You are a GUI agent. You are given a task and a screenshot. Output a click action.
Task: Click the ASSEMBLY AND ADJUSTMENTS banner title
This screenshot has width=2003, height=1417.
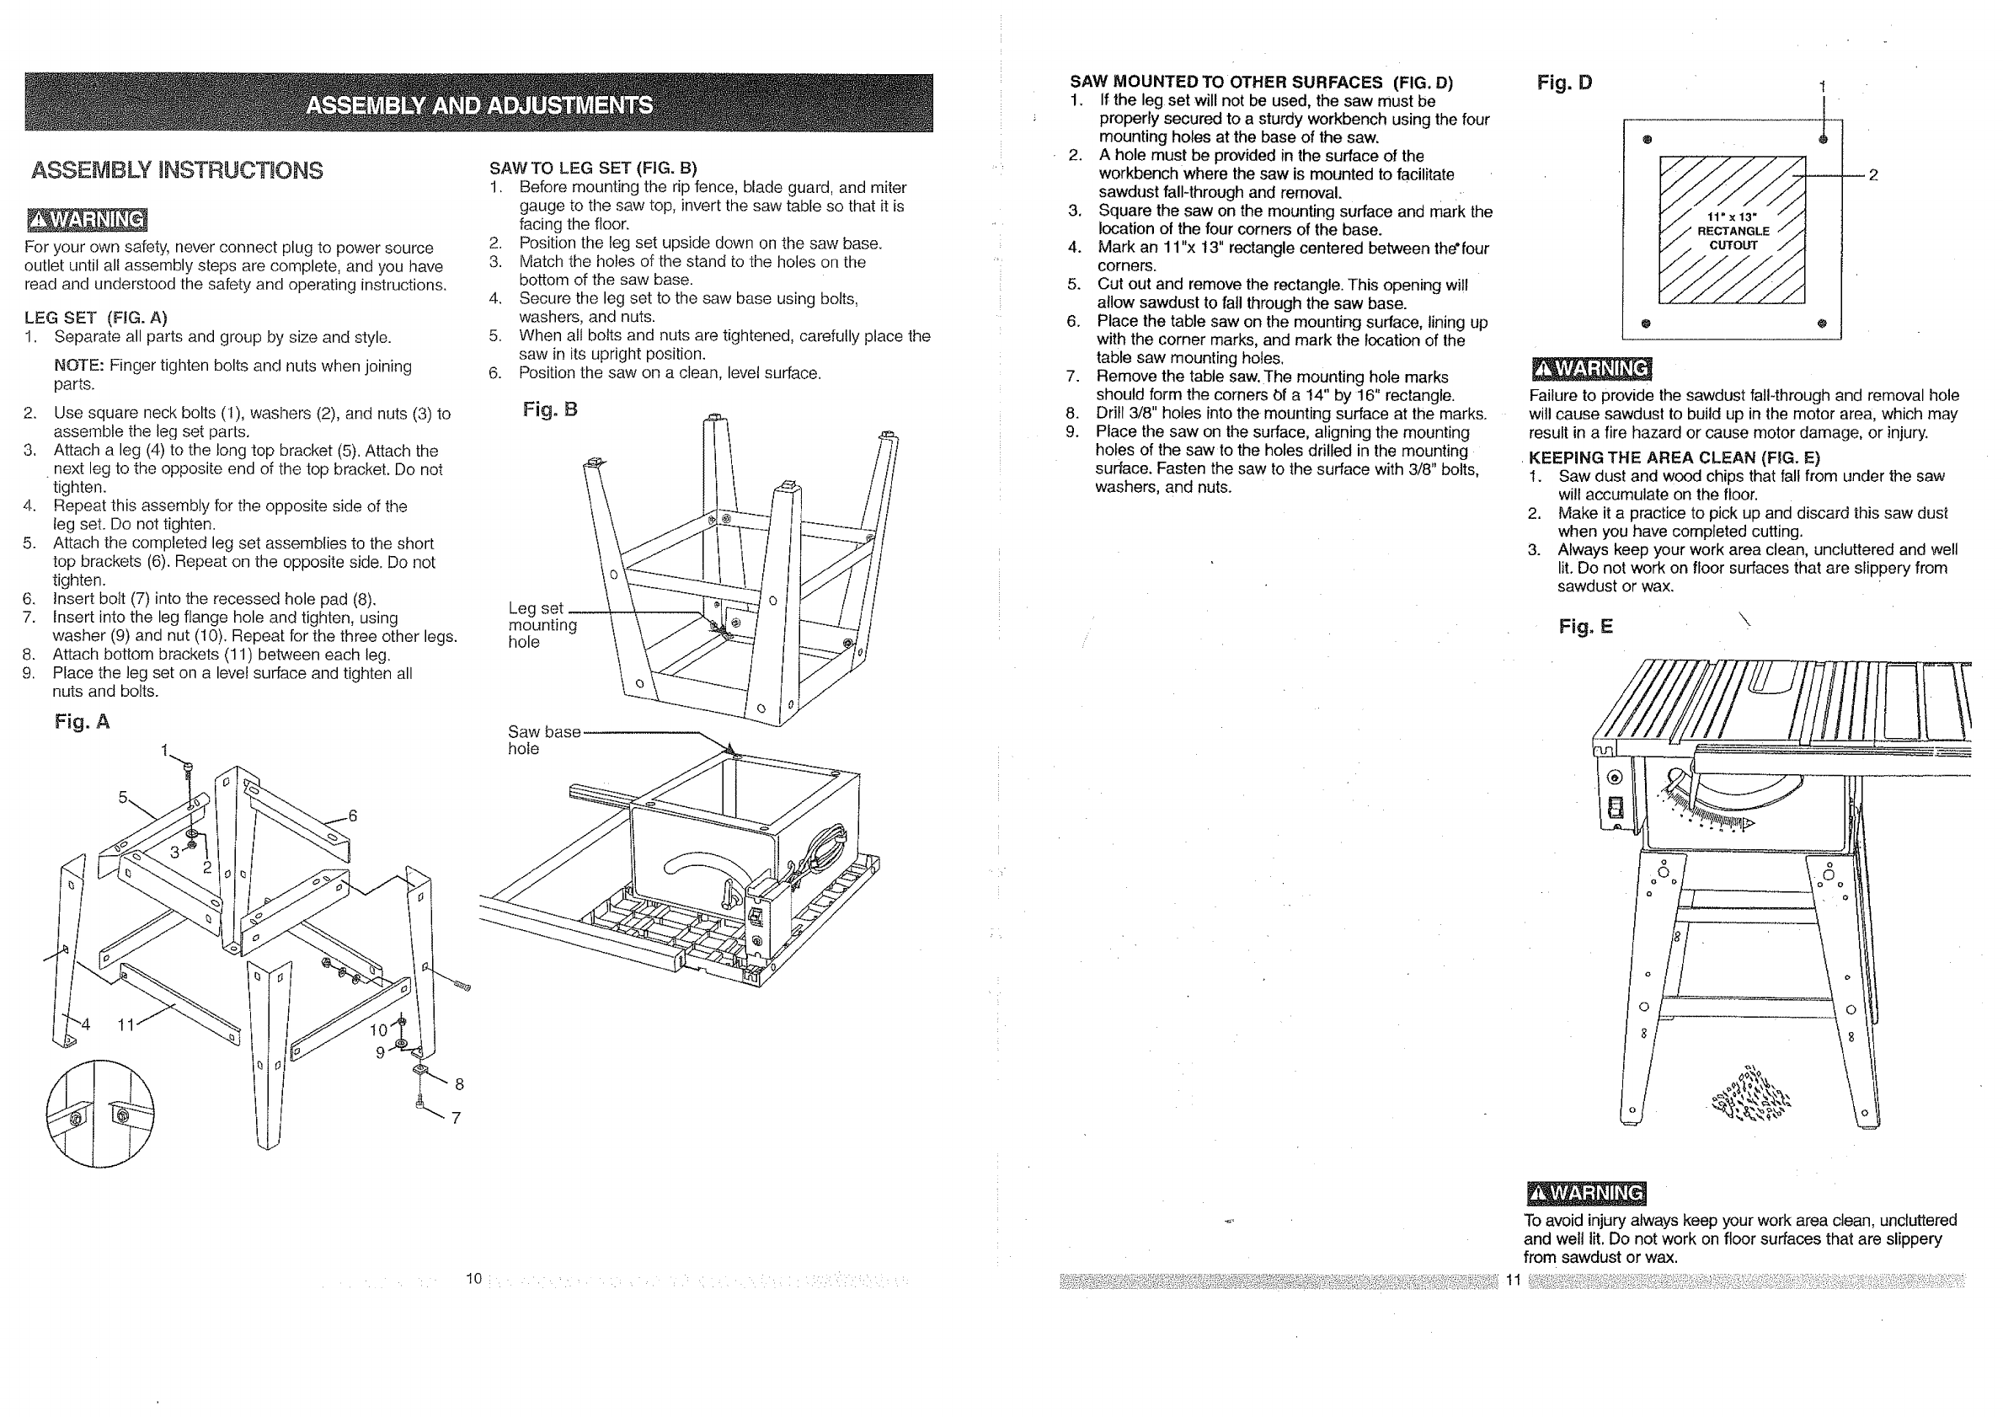[479, 105]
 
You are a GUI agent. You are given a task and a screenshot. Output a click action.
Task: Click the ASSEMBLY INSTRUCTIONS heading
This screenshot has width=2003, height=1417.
[177, 170]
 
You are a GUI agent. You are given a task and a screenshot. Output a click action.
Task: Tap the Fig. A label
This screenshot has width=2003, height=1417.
[82, 722]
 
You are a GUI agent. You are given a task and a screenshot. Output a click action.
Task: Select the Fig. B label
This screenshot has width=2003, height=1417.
[549, 409]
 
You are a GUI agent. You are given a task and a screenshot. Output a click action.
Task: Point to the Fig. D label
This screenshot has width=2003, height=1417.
[1564, 83]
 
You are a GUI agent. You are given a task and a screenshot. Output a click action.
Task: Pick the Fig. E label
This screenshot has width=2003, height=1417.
[1586, 627]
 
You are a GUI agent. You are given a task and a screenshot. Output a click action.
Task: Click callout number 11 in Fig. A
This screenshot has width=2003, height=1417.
[126, 1025]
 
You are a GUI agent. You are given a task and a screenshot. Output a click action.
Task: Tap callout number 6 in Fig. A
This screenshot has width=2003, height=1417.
[352, 815]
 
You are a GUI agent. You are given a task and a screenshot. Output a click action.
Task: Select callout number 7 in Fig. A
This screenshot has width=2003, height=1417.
[456, 1118]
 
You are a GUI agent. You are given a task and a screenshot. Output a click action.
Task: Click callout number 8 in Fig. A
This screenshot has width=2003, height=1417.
[459, 1084]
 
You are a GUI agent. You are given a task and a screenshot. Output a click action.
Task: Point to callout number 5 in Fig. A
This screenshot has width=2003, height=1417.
[123, 797]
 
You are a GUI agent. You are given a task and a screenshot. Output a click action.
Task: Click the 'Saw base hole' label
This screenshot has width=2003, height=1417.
[542, 740]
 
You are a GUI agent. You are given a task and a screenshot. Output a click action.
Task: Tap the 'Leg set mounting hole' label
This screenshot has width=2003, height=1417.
[542, 625]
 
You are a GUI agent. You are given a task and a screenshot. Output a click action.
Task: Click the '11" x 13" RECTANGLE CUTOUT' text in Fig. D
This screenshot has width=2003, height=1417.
[1733, 231]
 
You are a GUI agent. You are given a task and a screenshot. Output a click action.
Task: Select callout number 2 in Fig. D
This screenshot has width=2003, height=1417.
[1872, 175]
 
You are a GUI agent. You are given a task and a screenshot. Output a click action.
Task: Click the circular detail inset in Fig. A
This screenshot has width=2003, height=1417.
[99, 1114]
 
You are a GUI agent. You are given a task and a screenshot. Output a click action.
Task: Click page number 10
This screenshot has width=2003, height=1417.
[473, 1279]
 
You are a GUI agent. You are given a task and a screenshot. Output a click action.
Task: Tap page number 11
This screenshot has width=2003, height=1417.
[1513, 1280]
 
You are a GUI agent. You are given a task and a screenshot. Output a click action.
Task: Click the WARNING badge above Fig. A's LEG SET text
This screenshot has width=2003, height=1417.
[87, 219]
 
